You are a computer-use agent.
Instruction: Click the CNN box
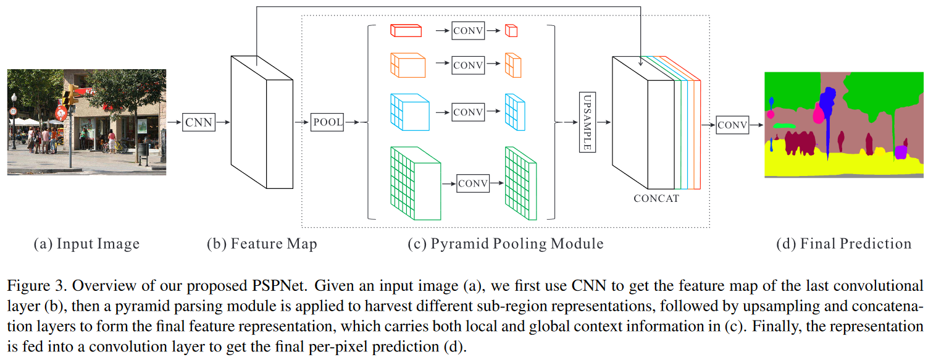point(199,122)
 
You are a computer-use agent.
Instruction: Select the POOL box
point(327,122)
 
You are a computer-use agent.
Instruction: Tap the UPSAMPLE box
point(587,122)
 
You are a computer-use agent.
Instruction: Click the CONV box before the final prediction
point(732,125)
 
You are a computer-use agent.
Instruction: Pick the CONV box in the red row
point(467,30)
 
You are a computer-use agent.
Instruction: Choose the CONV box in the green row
point(473,183)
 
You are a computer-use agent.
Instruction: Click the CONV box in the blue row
point(467,112)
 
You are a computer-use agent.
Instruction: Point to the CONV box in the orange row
point(467,64)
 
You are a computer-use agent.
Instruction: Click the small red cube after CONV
point(511,30)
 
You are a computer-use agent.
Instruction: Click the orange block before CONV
point(408,65)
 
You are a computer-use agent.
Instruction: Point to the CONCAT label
point(656,199)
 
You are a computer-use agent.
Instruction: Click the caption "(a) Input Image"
point(86,244)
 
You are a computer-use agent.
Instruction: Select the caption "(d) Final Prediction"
point(843,244)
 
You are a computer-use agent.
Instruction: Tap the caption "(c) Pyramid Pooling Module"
point(505,244)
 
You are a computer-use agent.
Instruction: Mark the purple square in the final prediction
point(901,151)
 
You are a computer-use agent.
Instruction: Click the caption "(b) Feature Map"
point(262,244)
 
